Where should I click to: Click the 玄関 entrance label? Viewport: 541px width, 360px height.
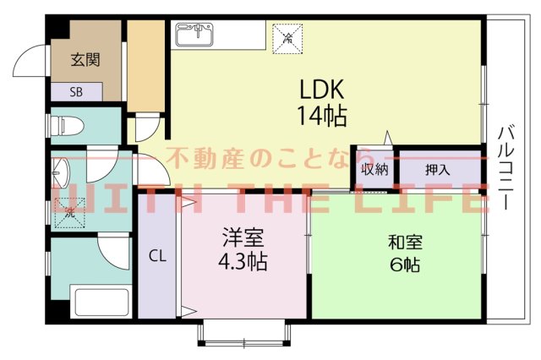pos(85,60)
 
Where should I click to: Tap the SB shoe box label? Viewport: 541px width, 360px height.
pos(76,91)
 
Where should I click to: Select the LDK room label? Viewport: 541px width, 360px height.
pos(322,88)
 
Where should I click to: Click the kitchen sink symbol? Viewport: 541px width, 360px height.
pos(197,35)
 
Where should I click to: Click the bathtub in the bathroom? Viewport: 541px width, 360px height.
pos(99,303)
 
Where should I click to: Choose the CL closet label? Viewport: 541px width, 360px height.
pos(157,256)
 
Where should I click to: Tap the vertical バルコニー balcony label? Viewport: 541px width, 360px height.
pos(507,169)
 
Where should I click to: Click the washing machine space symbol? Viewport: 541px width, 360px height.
pos(66,205)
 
